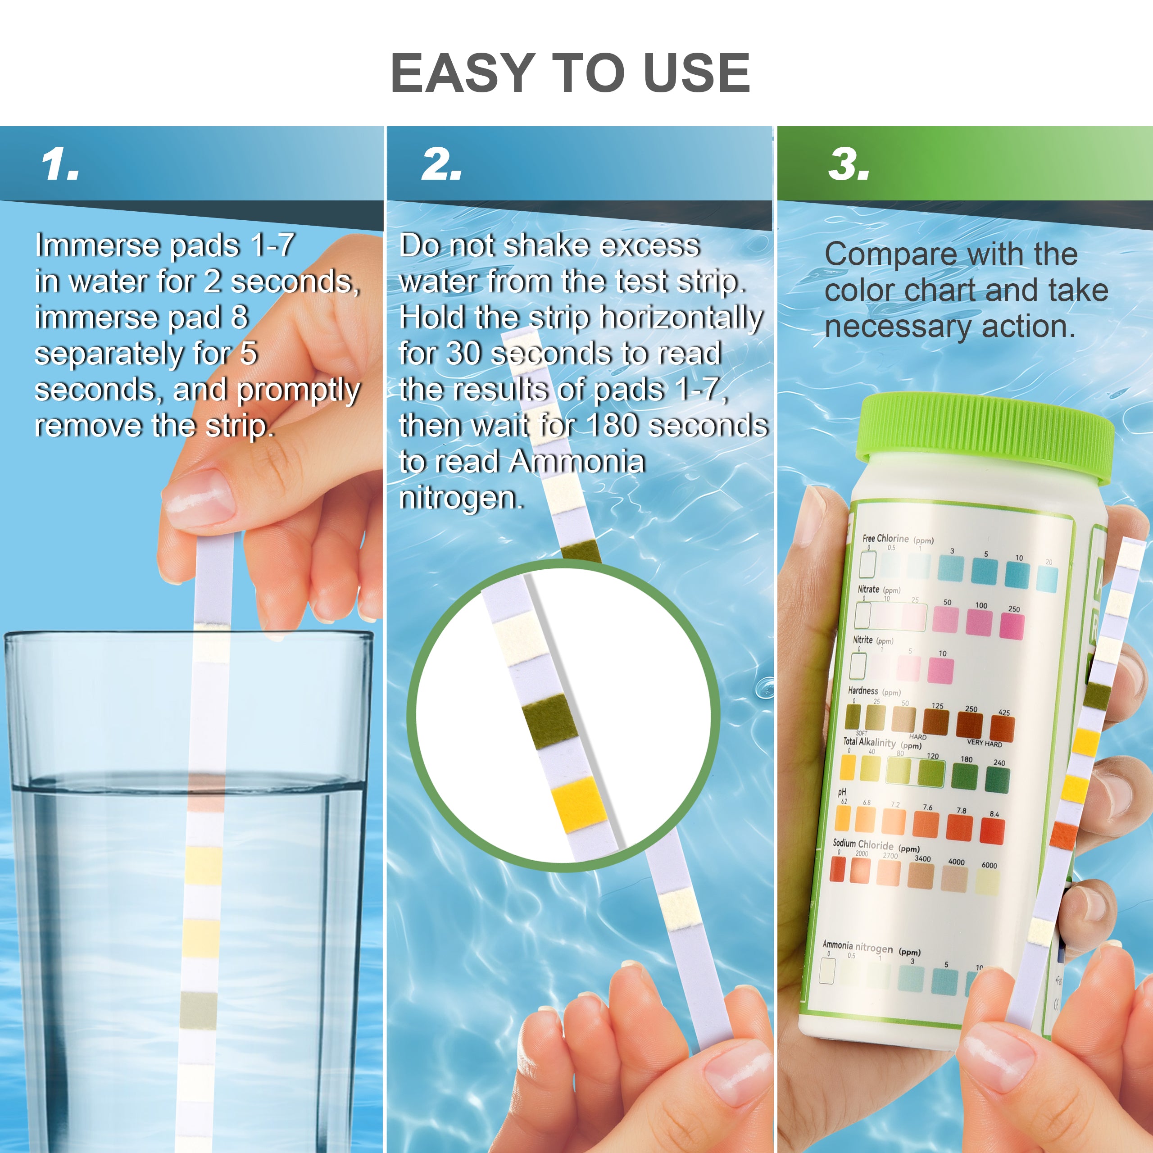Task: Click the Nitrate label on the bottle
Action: point(868,589)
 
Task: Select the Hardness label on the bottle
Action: point(863,690)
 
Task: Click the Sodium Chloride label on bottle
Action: point(863,844)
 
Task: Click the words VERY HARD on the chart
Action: point(985,744)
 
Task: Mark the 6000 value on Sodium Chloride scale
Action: point(989,865)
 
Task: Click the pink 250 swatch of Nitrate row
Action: point(1012,626)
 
